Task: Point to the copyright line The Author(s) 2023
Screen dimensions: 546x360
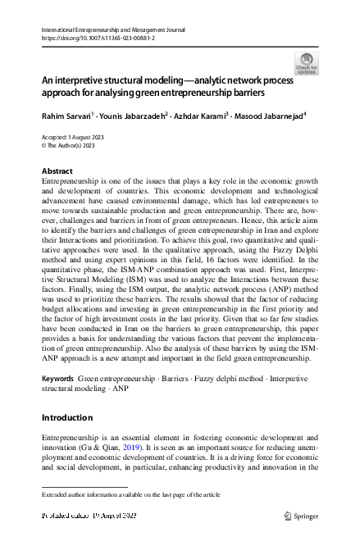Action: (x=69, y=146)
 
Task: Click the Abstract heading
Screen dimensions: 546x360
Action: (x=57, y=171)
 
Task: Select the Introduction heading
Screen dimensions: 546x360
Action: (x=66, y=417)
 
